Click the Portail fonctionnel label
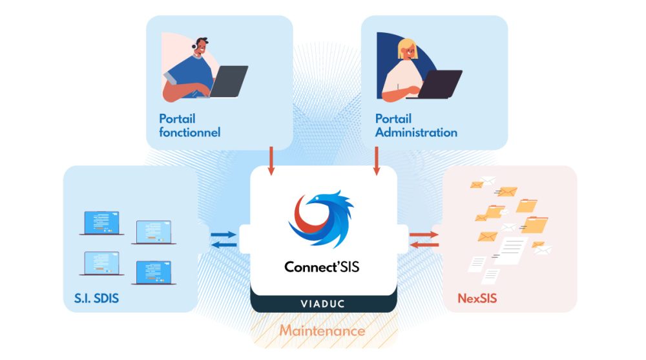(x=189, y=126)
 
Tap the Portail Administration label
(x=416, y=126)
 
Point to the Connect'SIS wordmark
(x=322, y=266)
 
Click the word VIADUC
(x=322, y=303)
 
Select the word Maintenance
(x=322, y=331)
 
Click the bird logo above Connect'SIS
(x=321, y=218)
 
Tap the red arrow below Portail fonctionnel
(x=271, y=161)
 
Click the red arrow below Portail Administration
(x=375, y=161)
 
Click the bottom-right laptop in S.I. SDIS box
(x=154, y=272)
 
